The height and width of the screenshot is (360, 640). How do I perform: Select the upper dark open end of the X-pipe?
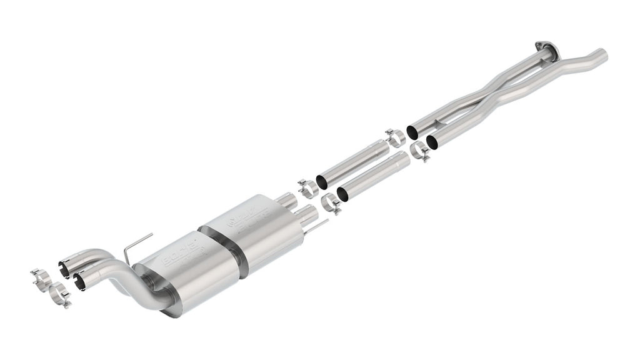[412, 132]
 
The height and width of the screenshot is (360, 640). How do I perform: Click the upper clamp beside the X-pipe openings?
[394, 137]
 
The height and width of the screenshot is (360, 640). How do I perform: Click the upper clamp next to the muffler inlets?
[306, 187]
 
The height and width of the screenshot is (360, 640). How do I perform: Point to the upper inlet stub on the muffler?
[289, 201]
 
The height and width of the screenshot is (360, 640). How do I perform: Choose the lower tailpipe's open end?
[79, 282]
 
